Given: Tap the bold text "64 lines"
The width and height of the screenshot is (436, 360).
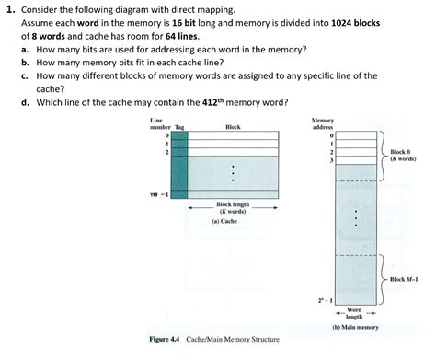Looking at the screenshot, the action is click(206, 35).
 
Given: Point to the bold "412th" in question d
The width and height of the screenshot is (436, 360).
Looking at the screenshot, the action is click(212, 103).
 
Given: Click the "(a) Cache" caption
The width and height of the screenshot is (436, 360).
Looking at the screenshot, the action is click(226, 222).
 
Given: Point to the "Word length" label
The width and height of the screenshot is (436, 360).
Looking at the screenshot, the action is click(354, 313).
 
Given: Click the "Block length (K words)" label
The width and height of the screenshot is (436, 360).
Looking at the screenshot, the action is click(231, 208).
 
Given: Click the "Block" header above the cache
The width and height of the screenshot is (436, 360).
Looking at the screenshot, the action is click(233, 127).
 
